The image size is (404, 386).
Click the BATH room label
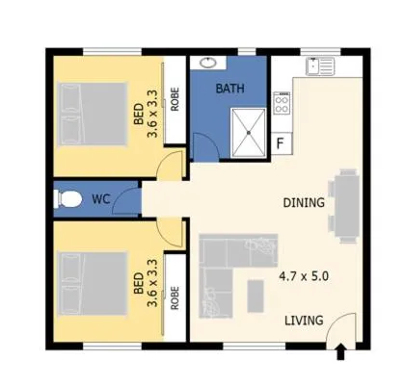(x=229, y=89)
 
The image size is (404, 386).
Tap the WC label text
(x=100, y=200)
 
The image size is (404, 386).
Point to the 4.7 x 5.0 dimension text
(x=304, y=275)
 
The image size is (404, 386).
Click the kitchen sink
(x=319, y=66)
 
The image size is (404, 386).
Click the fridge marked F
(x=281, y=144)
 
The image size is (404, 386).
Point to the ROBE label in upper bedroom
(x=175, y=100)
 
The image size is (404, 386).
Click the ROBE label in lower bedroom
(x=175, y=297)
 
